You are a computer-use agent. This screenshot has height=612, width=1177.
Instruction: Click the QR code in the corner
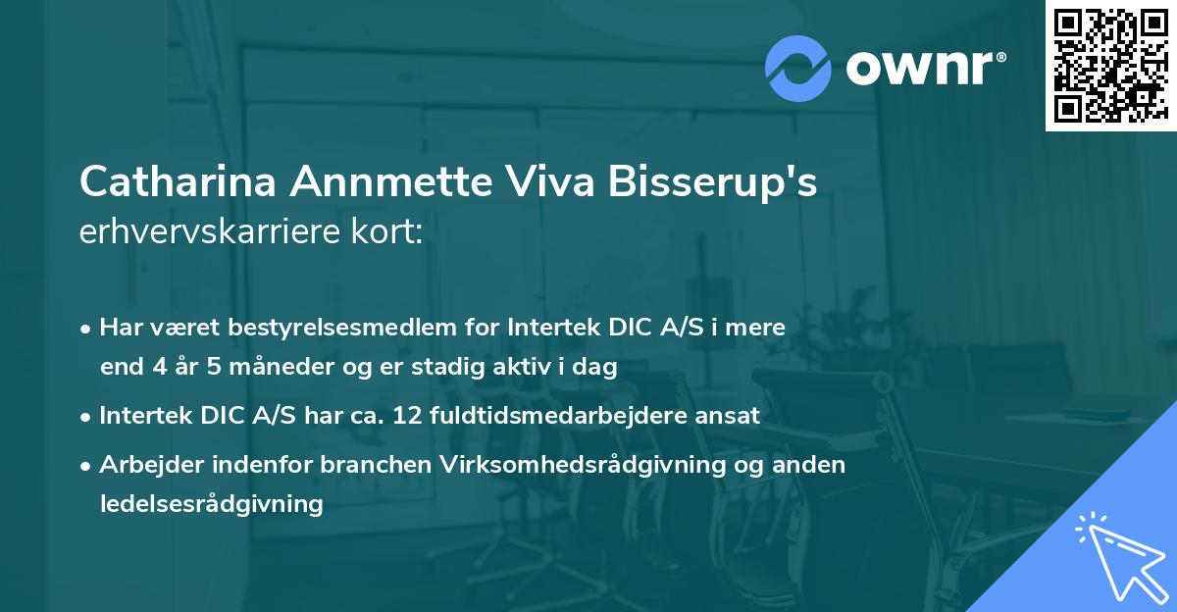tap(1110, 65)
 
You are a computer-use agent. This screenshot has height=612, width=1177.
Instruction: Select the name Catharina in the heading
tap(177, 183)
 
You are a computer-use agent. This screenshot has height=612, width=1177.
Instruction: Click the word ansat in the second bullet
tap(728, 416)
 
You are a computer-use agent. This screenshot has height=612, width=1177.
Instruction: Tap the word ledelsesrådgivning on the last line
tap(211, 504)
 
